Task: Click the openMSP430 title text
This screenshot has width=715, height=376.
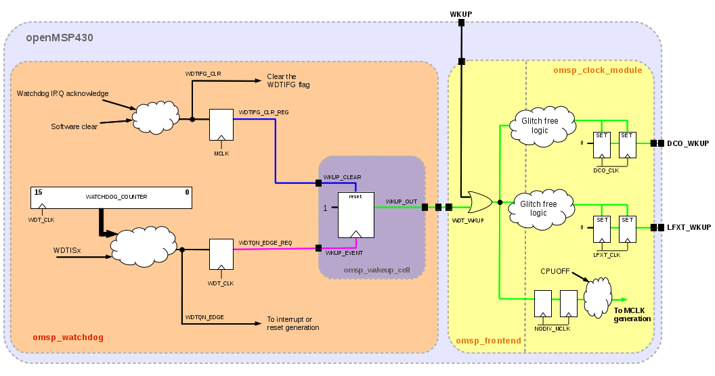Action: click(x=60, y=37)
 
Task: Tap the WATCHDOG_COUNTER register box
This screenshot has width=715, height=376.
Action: click(x=111, y=197)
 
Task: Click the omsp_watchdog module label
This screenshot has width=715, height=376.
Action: click(x=68, y=337)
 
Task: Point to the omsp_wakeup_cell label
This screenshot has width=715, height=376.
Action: click(x=376, y=270)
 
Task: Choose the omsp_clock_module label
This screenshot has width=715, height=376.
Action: click(x=597, y=70)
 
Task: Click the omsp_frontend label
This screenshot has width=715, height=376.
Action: click(x=488, y=340)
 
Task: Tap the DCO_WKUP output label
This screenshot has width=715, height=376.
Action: click(x=688, y=143)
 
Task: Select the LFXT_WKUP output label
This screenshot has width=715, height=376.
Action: click(x=689, y=227)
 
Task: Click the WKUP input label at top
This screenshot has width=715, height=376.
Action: click(x=461, y=14)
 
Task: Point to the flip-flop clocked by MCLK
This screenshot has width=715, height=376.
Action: click(x=221, y=124)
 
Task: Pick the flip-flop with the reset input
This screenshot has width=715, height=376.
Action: click(x=355, y=215)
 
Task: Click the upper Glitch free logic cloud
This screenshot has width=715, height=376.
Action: click(x=542, y=126)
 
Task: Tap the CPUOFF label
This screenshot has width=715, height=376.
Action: click(x=555, y=271)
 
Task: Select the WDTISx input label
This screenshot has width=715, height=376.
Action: click(x=67, y=250)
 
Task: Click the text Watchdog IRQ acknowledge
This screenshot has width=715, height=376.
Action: click(x=62, y=93)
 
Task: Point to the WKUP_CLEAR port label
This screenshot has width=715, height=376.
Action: click(x=342, y=177)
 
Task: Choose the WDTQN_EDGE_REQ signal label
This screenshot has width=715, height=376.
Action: click(x=265, y=243)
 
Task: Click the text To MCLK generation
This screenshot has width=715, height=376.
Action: click(x=632, y=314)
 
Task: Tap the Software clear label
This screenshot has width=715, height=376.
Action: click(x=74, y=126)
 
